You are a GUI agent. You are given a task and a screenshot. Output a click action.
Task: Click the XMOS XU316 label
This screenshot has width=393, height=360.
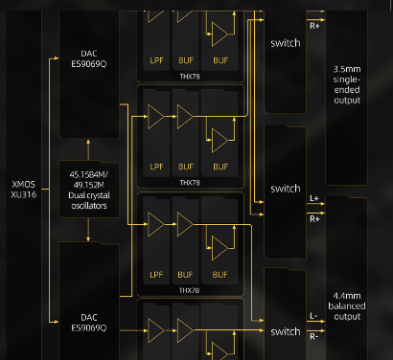[22, 189]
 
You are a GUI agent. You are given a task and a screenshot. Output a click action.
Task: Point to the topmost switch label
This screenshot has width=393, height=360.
[285, 43]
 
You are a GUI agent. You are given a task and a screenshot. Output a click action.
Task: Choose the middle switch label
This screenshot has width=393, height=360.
[285, 189]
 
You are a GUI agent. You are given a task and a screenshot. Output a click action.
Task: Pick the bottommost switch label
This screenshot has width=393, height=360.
[285, 331]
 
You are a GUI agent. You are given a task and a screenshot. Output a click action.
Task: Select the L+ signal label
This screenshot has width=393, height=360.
[314, 200]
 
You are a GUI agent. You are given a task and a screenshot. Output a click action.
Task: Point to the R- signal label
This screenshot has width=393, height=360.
[314, 336]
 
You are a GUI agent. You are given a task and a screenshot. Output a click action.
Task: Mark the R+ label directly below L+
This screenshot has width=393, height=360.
[314, 219]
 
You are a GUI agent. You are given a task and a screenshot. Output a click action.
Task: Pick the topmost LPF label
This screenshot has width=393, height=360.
[156, 59]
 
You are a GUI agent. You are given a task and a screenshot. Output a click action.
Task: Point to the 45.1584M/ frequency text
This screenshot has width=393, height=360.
[88, 172]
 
